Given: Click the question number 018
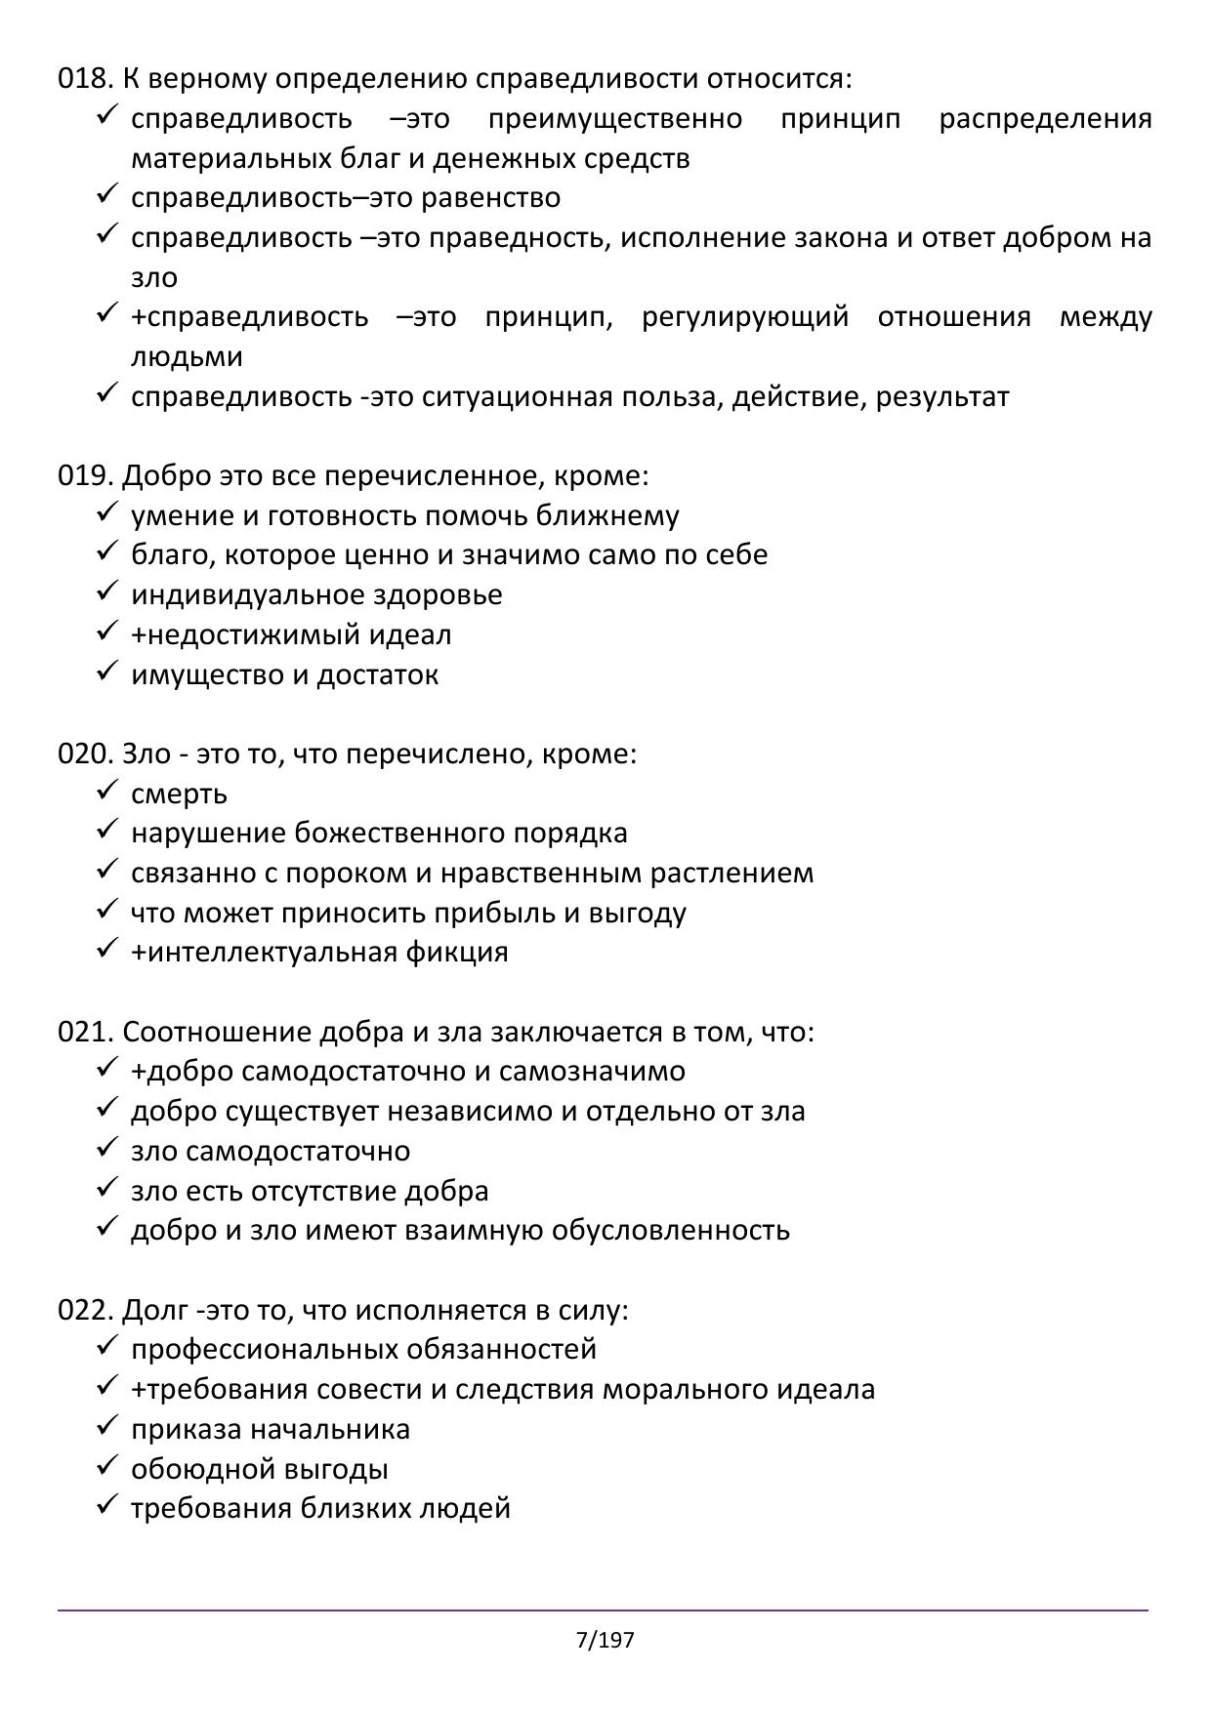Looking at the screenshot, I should [x=86, y=78].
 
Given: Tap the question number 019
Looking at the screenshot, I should [x=86, y=475].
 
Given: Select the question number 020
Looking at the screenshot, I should [x=86, y=754].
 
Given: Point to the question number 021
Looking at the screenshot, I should [x=86, y=1032].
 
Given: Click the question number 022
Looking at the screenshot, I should [x=86, y=1310].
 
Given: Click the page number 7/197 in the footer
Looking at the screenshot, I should [x=606, y=1640].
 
